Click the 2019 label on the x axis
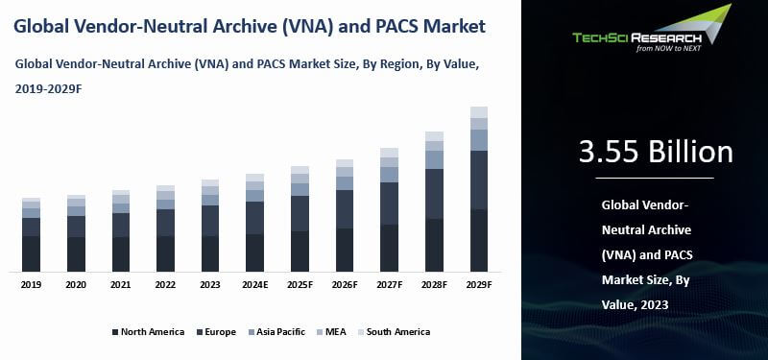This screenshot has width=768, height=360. tap(32, 285)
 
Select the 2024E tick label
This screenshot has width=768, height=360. tap(254, 285)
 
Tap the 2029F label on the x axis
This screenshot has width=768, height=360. tap(478, 285)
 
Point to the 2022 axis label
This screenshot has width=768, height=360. tap(165, 285)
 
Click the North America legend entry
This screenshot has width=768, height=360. tap(148, 332)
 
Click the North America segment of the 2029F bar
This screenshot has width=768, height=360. tap(478, 240)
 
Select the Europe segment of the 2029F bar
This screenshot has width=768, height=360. tap(478, 180)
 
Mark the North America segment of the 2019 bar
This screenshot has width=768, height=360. tap(32, 253)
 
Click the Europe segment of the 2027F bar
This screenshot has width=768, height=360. tap(389, 204)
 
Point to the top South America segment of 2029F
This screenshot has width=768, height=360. tap(478, 111)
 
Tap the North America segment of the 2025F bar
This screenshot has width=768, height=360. tap(300, 251)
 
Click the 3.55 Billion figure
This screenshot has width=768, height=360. tap(656, 152)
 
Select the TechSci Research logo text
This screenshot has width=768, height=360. tap(637, 38)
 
